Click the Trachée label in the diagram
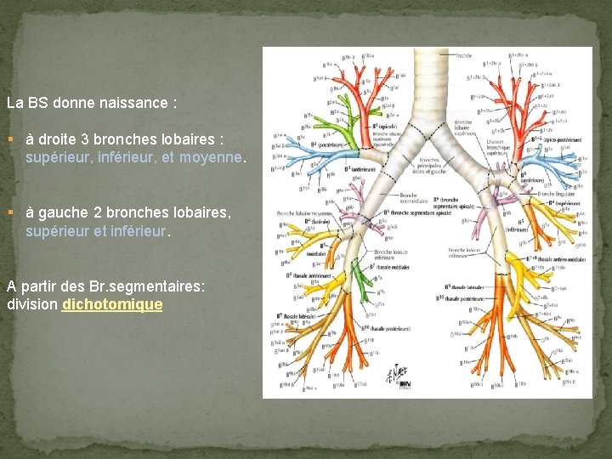pos(463,55)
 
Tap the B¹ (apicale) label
pos(386,125)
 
